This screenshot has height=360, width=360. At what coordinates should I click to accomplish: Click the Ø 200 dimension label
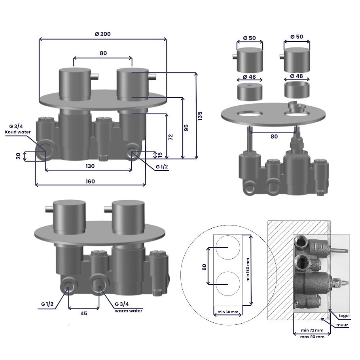pyautogui.click(x=102, y=34)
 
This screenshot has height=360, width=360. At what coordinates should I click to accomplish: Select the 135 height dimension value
pyautogui.click(x=200, y=116)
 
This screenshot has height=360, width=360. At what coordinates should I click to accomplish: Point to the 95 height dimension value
pyautogui.click(x=186, y=128)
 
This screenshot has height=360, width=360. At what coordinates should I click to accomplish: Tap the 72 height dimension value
pyautogui.click(x=171, y=137)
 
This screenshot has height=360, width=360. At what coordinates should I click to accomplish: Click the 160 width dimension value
pyautogui.click(x=90, y=182)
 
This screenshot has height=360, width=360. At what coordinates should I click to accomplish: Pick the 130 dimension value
pyautogui.click(x=90, y=166)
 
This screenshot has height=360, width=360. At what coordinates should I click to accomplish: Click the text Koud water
pyautogui.click(x=18, y=132)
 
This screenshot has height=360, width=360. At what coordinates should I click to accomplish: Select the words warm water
pyautogui.click(x=129, y=311)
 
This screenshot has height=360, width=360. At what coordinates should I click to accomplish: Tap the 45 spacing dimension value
pyautogui.click(x=84, y=313)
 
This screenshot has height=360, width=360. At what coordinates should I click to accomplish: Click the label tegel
pyautogui.click(x=344, y=316)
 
